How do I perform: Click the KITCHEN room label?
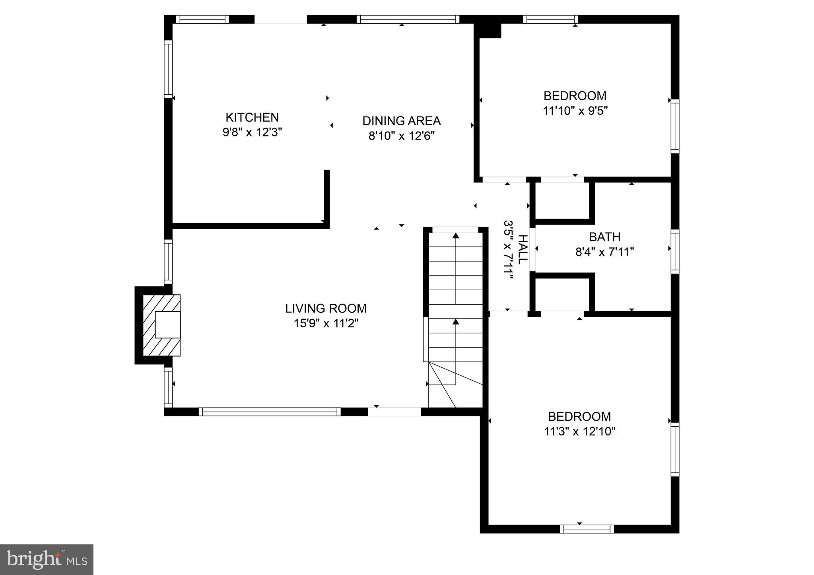point(252,117)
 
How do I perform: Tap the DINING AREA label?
point(401,120)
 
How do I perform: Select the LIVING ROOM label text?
point(326,308)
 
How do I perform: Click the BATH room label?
point(604,237)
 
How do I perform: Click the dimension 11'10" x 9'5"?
point(575,111)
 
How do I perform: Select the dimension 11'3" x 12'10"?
point(579,431)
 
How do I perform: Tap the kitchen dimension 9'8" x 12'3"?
point(252,132)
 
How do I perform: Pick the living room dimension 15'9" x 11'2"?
point(326,323)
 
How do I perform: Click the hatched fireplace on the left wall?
point(161,325)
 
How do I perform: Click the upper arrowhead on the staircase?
point(456,235)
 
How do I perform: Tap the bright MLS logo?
point(47,560)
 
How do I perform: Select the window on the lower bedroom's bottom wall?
point(587,528)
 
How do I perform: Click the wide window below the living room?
point(270,412)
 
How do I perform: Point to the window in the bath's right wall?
point(675,251)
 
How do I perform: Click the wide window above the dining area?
point(408,19)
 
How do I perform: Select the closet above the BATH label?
point(562,201)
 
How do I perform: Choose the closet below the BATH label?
point(562,294)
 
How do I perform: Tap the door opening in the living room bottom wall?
point(394,412)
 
